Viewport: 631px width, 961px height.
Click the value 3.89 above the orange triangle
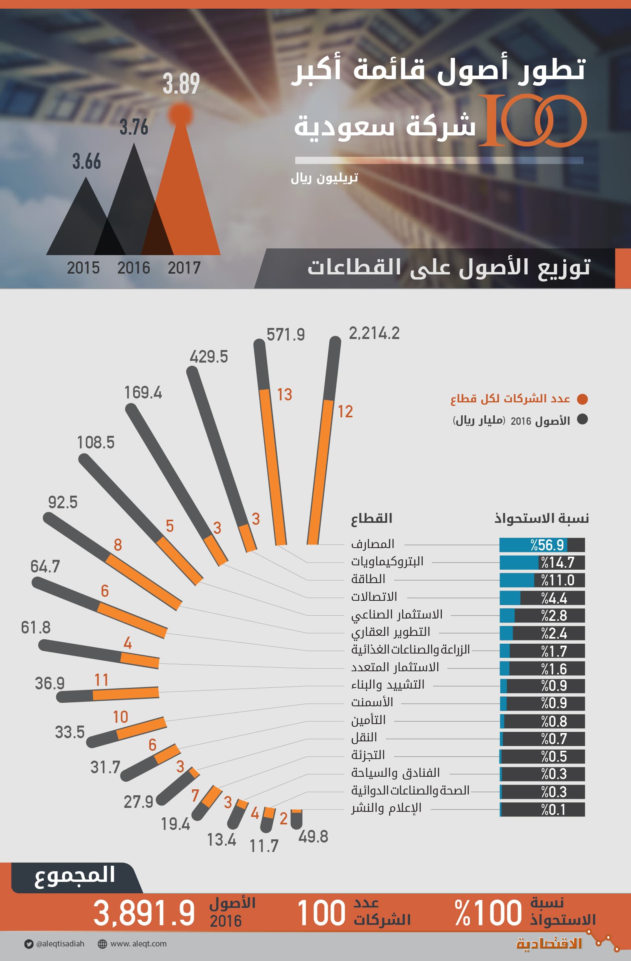coord(181,84)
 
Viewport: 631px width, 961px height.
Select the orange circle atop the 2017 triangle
coord(180,114)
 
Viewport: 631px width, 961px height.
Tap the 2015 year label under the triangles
coord(83,268)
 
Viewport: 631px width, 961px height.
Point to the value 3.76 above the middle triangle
coord(134,127)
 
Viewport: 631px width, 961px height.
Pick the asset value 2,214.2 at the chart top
coord(374,333)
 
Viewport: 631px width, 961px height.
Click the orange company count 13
coord(284,394)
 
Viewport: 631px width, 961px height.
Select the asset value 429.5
coord(209,357)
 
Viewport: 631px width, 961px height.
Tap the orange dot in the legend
coord(582,399)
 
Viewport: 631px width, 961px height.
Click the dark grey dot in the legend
coord(582,420)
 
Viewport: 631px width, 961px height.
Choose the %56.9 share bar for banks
coord(542,545)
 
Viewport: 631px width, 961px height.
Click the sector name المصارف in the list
coord(373,544)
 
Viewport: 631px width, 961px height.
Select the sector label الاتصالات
coord(374,597)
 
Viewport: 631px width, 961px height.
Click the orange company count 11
coord(101,680)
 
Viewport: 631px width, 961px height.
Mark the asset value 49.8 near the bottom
coord(313,837)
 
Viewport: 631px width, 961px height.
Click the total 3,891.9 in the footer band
coord(144,913)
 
